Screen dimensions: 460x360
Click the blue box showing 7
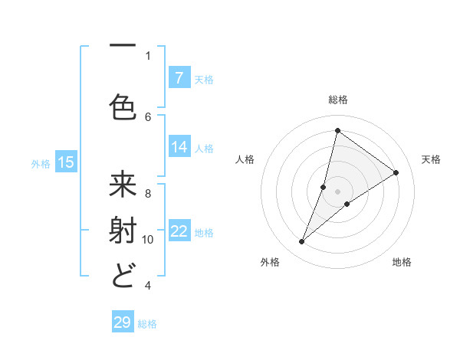pos(179,78)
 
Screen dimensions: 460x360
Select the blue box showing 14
pos(179,148)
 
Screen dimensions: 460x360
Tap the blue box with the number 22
pos(179,232)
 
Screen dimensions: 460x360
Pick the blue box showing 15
pos(66,162)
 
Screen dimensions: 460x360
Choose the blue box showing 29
pos(123,322)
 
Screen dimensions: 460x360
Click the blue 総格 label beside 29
pos(147,324)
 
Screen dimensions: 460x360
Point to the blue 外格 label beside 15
pos(41,163)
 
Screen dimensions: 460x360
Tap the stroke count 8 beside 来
pos(148,193)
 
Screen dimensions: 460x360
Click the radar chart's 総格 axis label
pos(337,100)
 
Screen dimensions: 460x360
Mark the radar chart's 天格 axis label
pos(431,159)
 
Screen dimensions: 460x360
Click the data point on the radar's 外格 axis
pos(302,242)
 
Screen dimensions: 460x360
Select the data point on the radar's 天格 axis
pos(396,172)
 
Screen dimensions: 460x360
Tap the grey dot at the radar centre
pos(337,191)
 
